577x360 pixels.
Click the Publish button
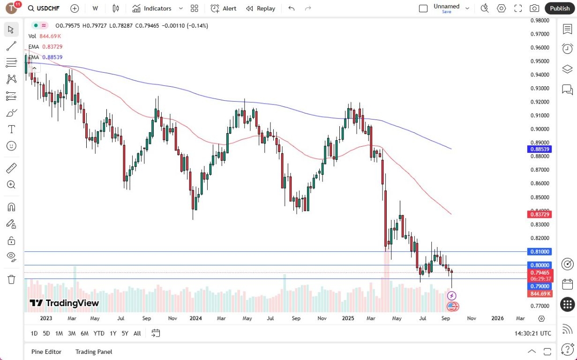pyautogui.click(x=560, y=8)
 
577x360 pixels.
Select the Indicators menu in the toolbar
pyautogui.click(x=152, y=8)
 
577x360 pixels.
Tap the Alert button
pyautogui.click(x=224, y=8)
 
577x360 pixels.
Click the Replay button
pyautogui.click(x=261, y=8)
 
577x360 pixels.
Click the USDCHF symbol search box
pyautogui.click(x=44, y=8)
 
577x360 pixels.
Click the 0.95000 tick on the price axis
pyautogui.click(x=540, y=61)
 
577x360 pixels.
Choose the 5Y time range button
pyautogui.click(x=125, y=333)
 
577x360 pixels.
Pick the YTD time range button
pyautogui.click(x=99, y=333)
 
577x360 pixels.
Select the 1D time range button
pyautogui.click(x=34, y=333)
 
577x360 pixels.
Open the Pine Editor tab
pyautogui.click(x=46, y=352)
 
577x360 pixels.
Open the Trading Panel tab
pyautogui.click(x=94, y=352)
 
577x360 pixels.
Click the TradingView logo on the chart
pyautogui.click(x=65, y=303)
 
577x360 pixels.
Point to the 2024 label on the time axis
pyautogui.click(x=195, y=318)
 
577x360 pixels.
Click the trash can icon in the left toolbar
pyautogui.click(x=12, y=279)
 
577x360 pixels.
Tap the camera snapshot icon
pyautogui.click(x=534, y=8)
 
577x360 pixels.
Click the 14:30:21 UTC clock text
pyautogui.click(x=533, y=333)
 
